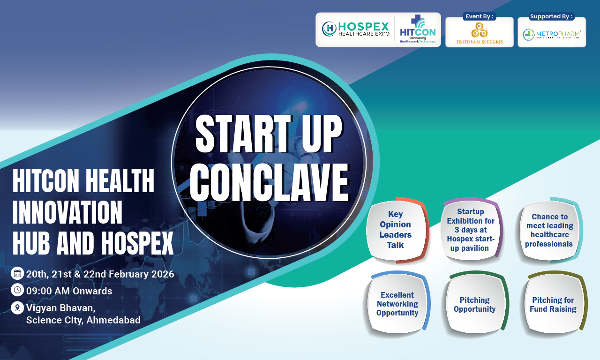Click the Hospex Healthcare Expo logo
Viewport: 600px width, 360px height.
(x=355, y=29)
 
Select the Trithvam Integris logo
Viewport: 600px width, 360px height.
(x=479, y=33)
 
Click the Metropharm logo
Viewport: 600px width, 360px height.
(x=552, y=34)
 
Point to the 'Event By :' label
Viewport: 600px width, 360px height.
(x=479, y=16)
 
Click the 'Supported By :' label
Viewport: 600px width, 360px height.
(x=552, y=16)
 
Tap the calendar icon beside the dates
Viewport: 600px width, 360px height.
(x=17, y=274)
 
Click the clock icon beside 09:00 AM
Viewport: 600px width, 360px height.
(x=17, y=290)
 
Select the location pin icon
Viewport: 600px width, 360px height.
(x=17, y=308)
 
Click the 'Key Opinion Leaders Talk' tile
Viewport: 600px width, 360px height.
(x=396, y=230)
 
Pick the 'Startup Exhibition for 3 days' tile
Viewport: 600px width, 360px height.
(x=471, y=230)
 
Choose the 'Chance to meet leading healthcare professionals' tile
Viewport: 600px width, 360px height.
(x=549, y=230)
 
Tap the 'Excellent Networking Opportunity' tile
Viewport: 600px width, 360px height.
(x=397, y=304)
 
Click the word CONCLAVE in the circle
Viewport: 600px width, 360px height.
(x=269, y=183)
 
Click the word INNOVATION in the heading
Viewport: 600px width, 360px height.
(x=67, y=212)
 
